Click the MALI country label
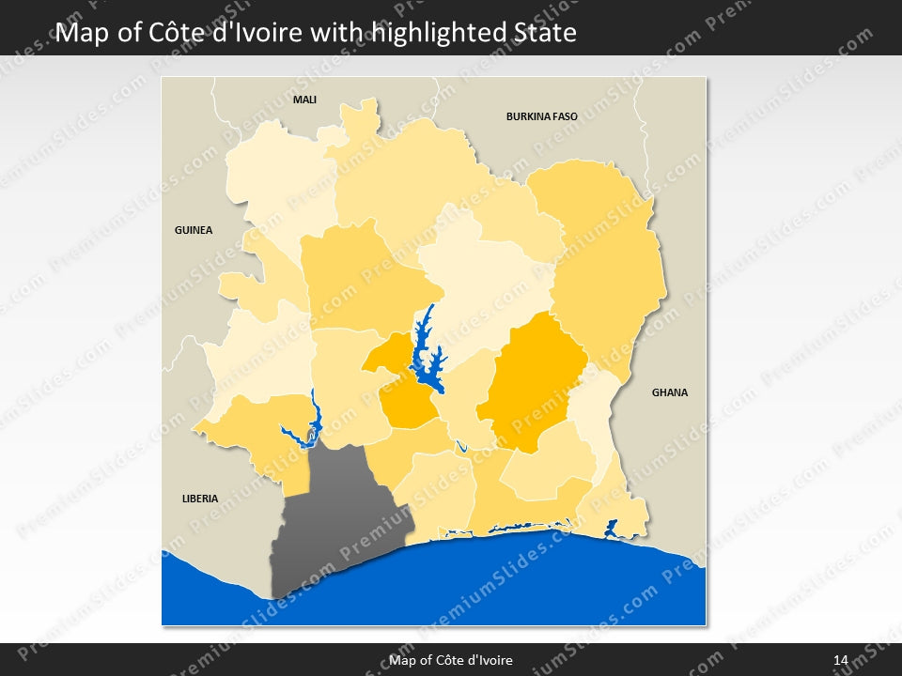pyautogui.click(x=304, y=100)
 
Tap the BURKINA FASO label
pyautogui.click(x=541, y=117)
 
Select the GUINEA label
pyautogui.click(x=194, y=230)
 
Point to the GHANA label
pyautogui.click(x=669, y=392)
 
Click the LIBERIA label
pyautogui.click(x=199, y=499)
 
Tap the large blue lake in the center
pyautogui.click(x=425, y=357)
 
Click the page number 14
pyautogui.click(x=840, y=660)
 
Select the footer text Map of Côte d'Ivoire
pyautogui.click(x=451, y=660)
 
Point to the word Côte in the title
pyautogui.click(x=176, y=34)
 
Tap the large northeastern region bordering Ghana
pyautogui.click(x=601, y=263)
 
